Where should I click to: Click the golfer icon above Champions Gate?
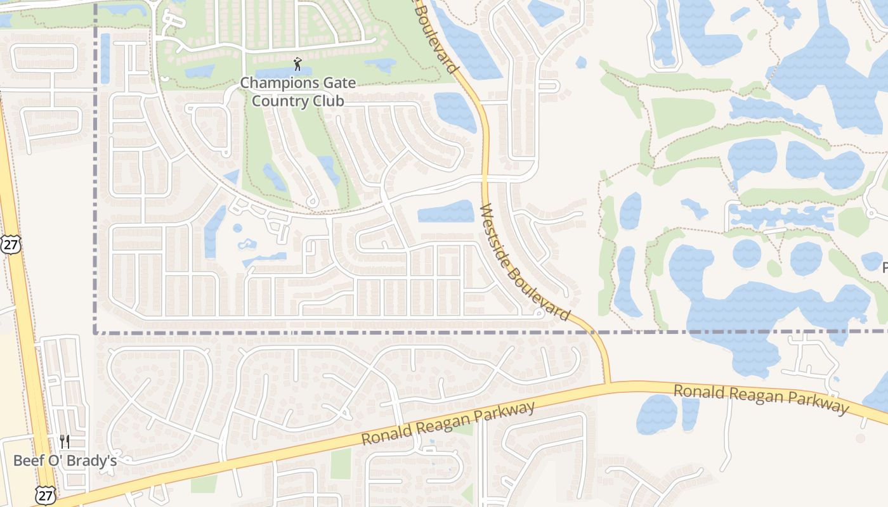pyautogui.click(x=297, y=63)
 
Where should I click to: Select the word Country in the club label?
pyautogui.click(x=280, y=101)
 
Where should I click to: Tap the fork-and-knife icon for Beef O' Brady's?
pyautogui.click(x=65, y=441)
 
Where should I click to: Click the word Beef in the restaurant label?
pyautogui.click(x=27, y=460)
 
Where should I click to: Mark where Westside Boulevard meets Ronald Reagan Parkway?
pyautogui.click(x=608, y=383)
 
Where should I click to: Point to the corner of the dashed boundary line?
pyautogui.click(x=95, y=331)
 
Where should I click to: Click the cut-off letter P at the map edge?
pyautogui.click(x=884, y=268)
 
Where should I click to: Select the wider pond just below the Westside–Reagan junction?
pyautogui.click(x=656, y=414)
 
